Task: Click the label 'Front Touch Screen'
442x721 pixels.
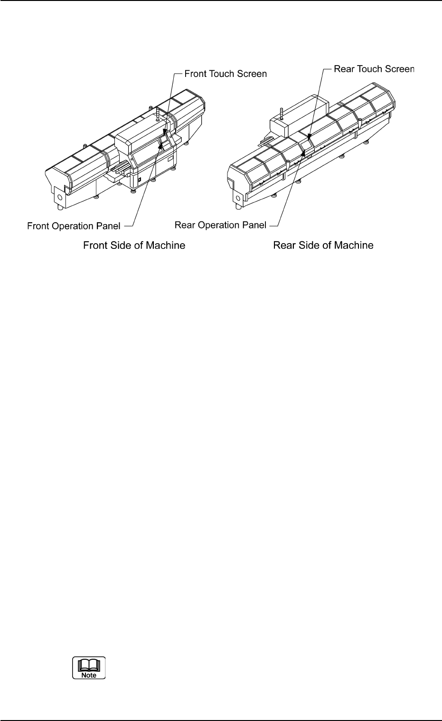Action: click(x=226, y=74)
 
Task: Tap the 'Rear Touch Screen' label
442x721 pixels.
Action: click(x=374, y=69)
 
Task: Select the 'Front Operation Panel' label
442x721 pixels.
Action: click(x=74, y=226)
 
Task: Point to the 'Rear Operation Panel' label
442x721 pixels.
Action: click(x=221, y=225)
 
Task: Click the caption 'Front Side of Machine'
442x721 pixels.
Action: click(x=134, y=246)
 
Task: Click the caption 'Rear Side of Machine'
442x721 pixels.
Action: click(x=323, y=246)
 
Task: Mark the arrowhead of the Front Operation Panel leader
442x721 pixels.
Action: click(x=160, y=147)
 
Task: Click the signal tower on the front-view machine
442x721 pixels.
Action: click(x=156, y=114)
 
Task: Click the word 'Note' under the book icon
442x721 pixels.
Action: click(x=89, y=675)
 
